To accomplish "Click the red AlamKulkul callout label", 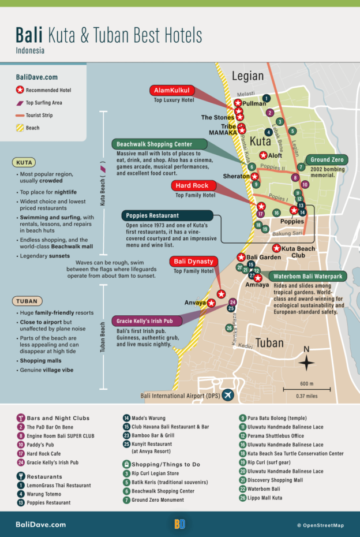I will tap(172, 91).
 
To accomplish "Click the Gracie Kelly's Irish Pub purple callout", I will tap(147, 320).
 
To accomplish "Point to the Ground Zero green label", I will tap(327, 160).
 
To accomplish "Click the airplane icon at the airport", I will tap(228, 395).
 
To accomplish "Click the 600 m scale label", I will tap(307, 384).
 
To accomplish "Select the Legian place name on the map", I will tap(247, 76).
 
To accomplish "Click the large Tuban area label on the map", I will tap(269, 344).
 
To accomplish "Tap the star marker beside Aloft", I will tap(263, 155).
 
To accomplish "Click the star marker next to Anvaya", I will tap(212, 303).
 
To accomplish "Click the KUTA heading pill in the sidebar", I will tap(25, 162).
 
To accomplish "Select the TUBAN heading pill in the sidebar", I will tap(27, 301).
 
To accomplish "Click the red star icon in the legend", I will tap(20, 90).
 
